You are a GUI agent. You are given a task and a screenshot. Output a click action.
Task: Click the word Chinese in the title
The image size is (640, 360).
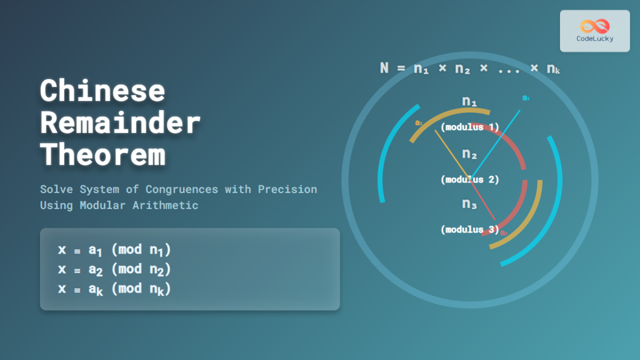(x=102, y=91)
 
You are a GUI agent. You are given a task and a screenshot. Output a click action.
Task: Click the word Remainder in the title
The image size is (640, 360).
(x=120, y=123)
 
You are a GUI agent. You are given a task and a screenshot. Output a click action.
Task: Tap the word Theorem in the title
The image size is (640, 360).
(x=102, y=155)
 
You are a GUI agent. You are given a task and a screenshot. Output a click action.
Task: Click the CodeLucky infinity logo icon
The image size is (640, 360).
(x=595, y=26)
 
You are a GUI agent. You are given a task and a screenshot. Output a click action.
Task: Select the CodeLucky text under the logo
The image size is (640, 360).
(x=595, y=39)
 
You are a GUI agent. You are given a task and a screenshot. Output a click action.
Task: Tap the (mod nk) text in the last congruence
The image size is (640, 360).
(x=141, y=289)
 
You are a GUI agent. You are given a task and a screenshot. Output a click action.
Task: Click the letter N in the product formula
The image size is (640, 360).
(x=385, y=68)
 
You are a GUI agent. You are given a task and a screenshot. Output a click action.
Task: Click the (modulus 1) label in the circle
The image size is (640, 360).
(x=469, y=127)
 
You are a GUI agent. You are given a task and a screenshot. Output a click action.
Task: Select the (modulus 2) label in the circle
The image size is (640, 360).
(x=469, y=180)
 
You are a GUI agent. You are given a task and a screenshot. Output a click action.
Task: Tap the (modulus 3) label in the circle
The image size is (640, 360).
(x=469, y=230)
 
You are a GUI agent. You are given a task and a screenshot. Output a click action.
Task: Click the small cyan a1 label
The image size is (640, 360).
(x=525, y=98)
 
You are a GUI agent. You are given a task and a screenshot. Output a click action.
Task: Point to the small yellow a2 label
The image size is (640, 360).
(x=419, y=123)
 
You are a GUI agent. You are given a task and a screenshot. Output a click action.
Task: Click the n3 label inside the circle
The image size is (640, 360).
(x=469, y=204)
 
